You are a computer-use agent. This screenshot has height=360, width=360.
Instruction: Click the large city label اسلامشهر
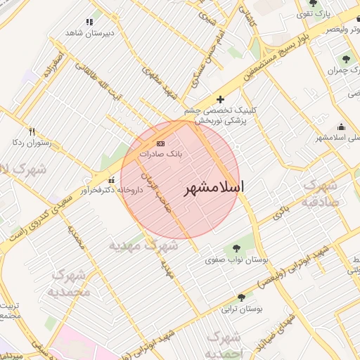[214, 188]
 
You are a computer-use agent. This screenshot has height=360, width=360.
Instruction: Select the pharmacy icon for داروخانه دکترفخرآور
[111, 179]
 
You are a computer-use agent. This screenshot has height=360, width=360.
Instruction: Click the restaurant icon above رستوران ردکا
[32, 131]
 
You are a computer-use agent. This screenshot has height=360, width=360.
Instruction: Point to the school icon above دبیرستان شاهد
[89, 22]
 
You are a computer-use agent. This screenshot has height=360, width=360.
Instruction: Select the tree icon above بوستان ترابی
[242, 297]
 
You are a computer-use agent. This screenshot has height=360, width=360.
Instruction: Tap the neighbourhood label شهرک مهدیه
[144, 245]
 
